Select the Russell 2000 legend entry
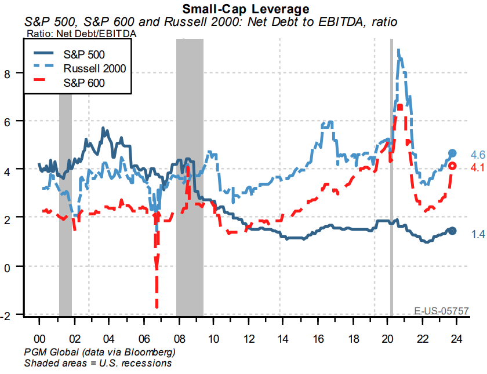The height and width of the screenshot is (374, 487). pyautogui.click(x=93, y=70)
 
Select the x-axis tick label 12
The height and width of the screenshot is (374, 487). pyautogui.click(x=248, y=338)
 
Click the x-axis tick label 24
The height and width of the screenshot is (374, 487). pyautogui.click(x=457, y=338)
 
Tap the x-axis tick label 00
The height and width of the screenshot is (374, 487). pyautogui.click(x=39, y=338)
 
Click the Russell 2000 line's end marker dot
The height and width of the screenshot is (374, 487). pyautogui.click(x=453, y=153)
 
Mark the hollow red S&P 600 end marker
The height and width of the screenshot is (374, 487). pyautogui.click(x=453, y=166)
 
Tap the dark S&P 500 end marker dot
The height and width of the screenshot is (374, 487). pyautogui.click(x=453, y=231)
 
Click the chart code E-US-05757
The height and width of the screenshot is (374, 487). pyautogui.click(x=441, y=311)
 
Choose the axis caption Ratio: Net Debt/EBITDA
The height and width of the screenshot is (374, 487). pyautogui.click(x=82, y=34)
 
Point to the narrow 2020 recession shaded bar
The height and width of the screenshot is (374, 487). pyautogui.click(x=391, y=174)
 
